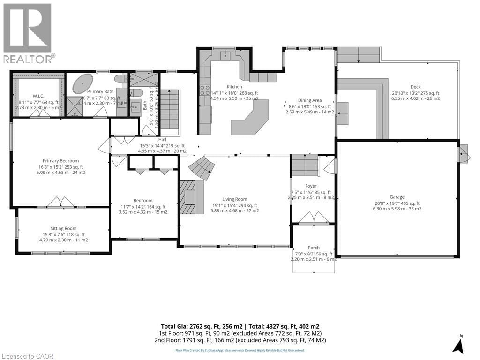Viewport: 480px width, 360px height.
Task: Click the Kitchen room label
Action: coord(234,87)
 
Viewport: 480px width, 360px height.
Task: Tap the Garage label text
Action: coord(397,197)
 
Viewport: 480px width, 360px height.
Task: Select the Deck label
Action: coord(415,87)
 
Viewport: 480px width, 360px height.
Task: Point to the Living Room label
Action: coord(235,199)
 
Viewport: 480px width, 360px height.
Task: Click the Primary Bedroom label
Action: coord(60,161)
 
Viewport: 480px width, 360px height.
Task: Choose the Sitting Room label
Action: coord(63,229)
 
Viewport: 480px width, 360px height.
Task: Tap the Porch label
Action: coord(314,248)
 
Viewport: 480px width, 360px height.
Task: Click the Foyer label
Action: coord(311,186)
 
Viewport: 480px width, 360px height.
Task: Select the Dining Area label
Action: coord(310,100)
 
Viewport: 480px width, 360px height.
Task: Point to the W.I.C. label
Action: coord(38,96)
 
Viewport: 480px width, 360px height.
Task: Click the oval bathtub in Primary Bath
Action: coord(83,83)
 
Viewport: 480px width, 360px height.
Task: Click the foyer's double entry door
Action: coord(314,217)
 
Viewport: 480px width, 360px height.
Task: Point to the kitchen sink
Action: coord(225,55)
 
